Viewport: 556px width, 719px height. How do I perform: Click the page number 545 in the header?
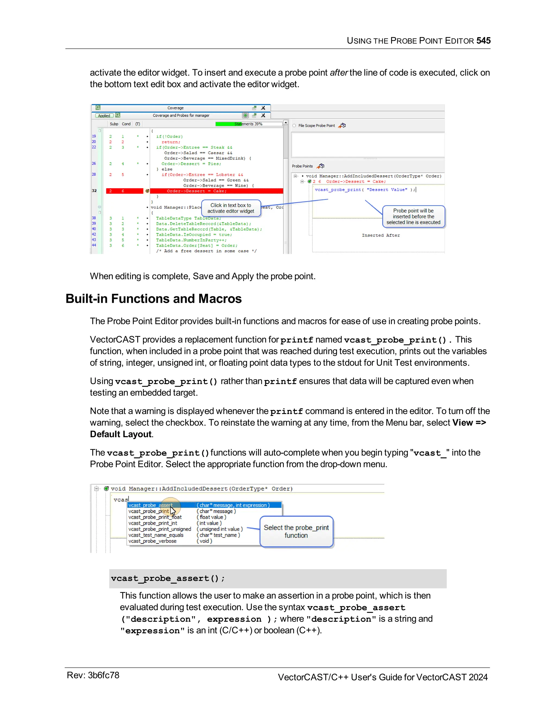[483, 40]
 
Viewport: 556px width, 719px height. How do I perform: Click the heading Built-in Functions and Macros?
[153, 299]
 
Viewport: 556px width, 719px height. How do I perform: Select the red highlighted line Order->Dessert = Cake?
[196, 191]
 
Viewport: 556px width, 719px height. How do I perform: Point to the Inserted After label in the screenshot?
[381, 236]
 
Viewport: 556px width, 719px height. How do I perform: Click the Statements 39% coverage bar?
[248, 124]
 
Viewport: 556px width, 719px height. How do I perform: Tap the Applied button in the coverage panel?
[104, 116]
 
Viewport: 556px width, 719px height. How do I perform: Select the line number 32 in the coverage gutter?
[94, 191]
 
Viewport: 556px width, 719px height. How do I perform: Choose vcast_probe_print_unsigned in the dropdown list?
[159, 529]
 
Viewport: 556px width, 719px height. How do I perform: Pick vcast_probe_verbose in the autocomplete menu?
[152, 541]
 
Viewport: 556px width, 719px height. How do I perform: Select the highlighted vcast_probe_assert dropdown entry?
[150, 505]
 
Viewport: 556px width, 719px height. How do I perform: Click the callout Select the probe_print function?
[296, 531]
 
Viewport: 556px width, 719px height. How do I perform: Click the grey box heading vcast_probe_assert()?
[168, 578]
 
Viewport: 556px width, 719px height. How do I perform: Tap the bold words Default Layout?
[121, 434]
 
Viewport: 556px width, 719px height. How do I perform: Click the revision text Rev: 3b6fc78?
[93, 675]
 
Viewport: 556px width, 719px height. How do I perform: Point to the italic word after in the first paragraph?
[339, 72]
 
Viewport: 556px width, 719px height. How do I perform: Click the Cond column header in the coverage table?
[126, 124]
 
